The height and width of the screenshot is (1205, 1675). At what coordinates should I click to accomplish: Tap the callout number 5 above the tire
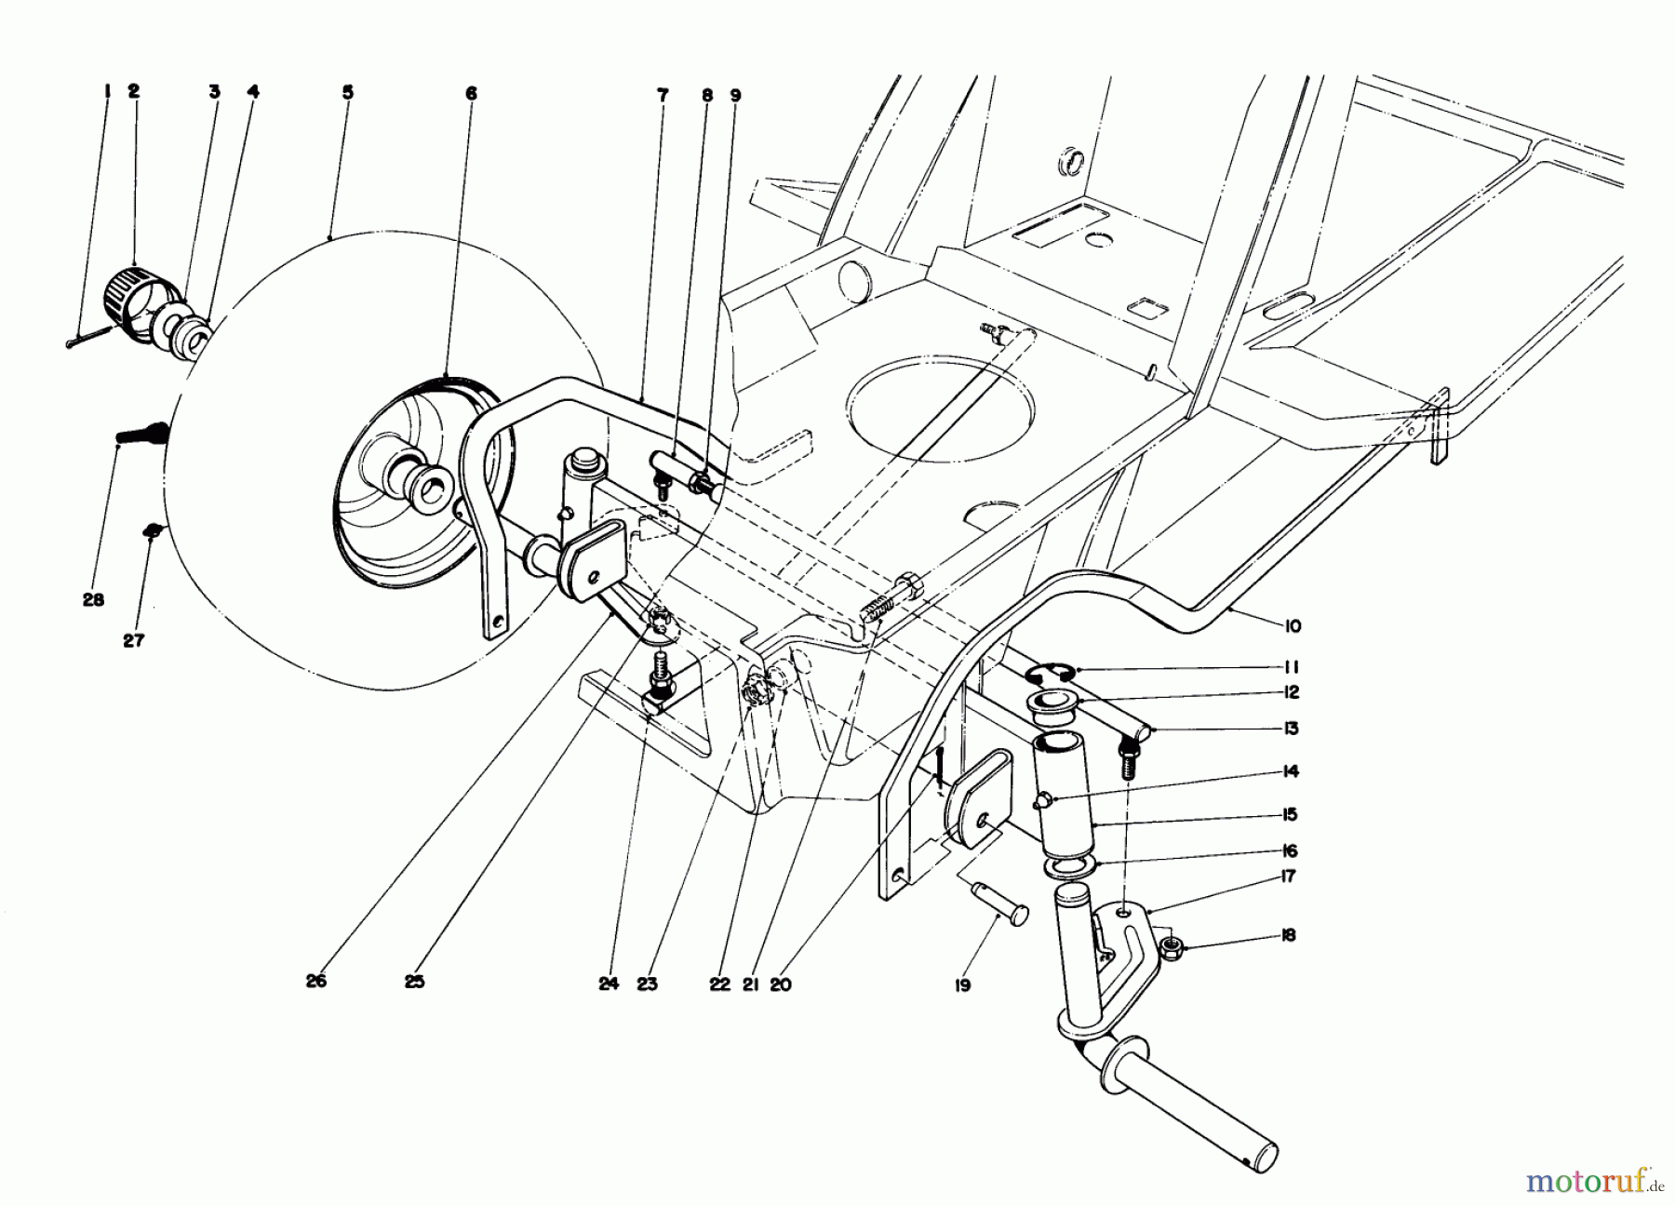click(347, 93)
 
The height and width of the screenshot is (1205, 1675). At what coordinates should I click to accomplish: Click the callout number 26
click(316, 981)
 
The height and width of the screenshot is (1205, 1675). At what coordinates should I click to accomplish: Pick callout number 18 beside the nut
click(1290, 936)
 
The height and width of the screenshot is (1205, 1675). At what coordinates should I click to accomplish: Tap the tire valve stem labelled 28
click(140, 435)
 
